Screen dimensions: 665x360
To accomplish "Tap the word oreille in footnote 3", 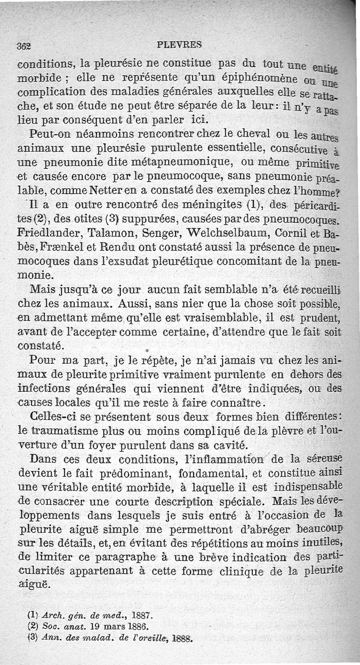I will [x=148, y=638].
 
